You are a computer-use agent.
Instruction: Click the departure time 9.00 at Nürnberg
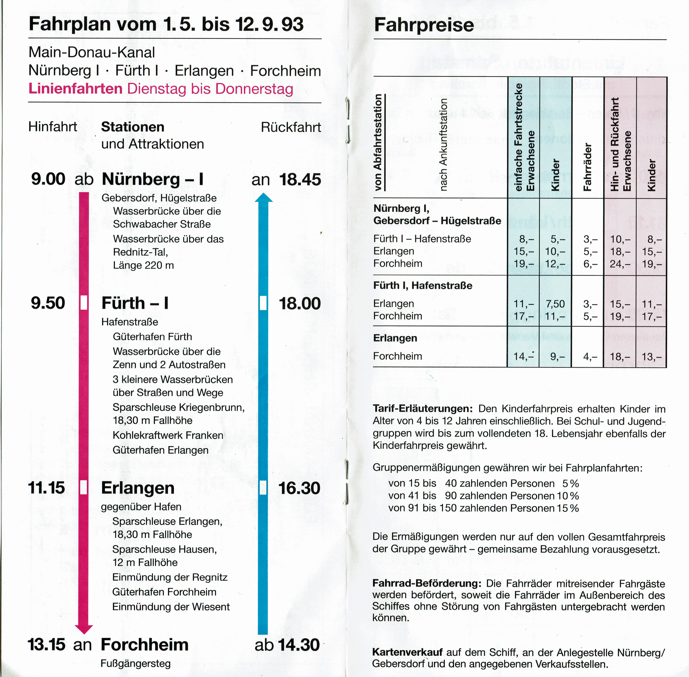tap(48, 179)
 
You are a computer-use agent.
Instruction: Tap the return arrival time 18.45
tap(300, 180)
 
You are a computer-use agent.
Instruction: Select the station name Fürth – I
tap(135, 303)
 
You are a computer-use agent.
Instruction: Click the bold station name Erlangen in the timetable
tap(138, 488)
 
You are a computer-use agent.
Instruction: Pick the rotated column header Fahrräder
tap(588, 167)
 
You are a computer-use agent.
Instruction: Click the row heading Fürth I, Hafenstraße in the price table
tap(423, 286)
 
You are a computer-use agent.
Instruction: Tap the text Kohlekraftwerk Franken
tap(168, 435)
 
